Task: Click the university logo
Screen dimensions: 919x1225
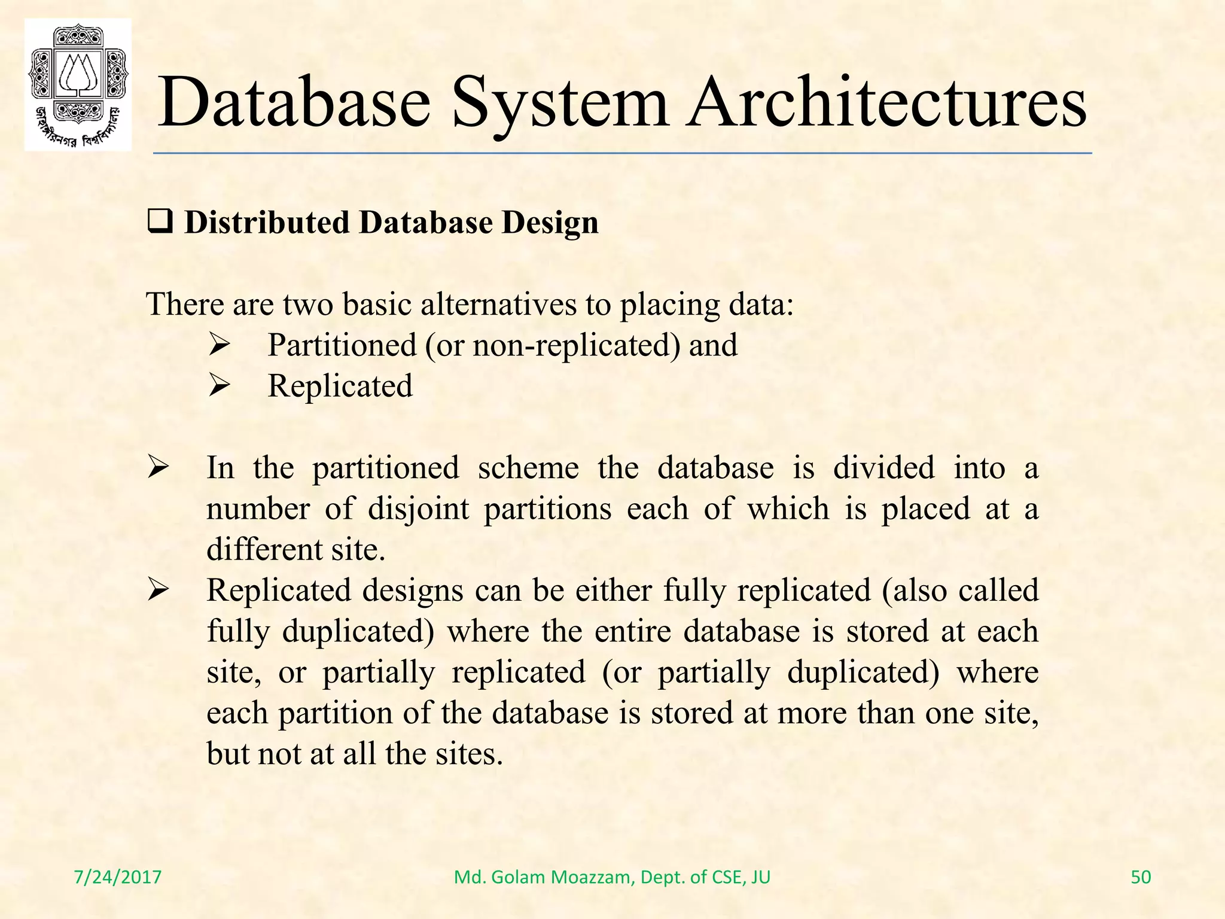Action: click(78, 84)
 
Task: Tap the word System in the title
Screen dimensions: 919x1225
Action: click(559, 103)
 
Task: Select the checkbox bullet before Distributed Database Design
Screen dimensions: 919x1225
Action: click(160, 223)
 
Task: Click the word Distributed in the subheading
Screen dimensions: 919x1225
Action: click(267, 223)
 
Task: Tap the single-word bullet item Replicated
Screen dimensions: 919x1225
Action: click(340, 386)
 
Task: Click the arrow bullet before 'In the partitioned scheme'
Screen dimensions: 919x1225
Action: click(159, 468)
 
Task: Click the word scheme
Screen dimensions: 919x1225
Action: click(528, 468)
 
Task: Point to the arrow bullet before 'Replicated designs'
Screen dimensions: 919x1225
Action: click(159, 591)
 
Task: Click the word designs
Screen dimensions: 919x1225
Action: click(412, 591)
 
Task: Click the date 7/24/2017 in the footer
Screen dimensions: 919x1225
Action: click(118, 877)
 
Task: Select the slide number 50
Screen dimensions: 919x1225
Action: click(1141, 877)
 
